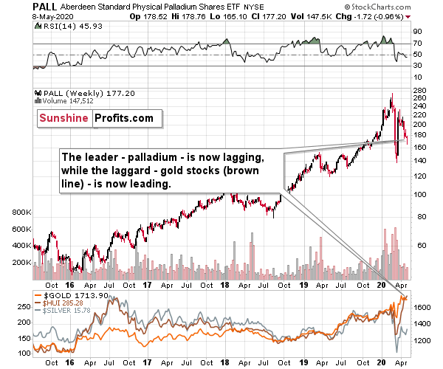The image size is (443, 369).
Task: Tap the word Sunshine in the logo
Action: pos(60,117)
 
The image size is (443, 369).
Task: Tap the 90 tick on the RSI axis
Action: pos(416,32)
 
